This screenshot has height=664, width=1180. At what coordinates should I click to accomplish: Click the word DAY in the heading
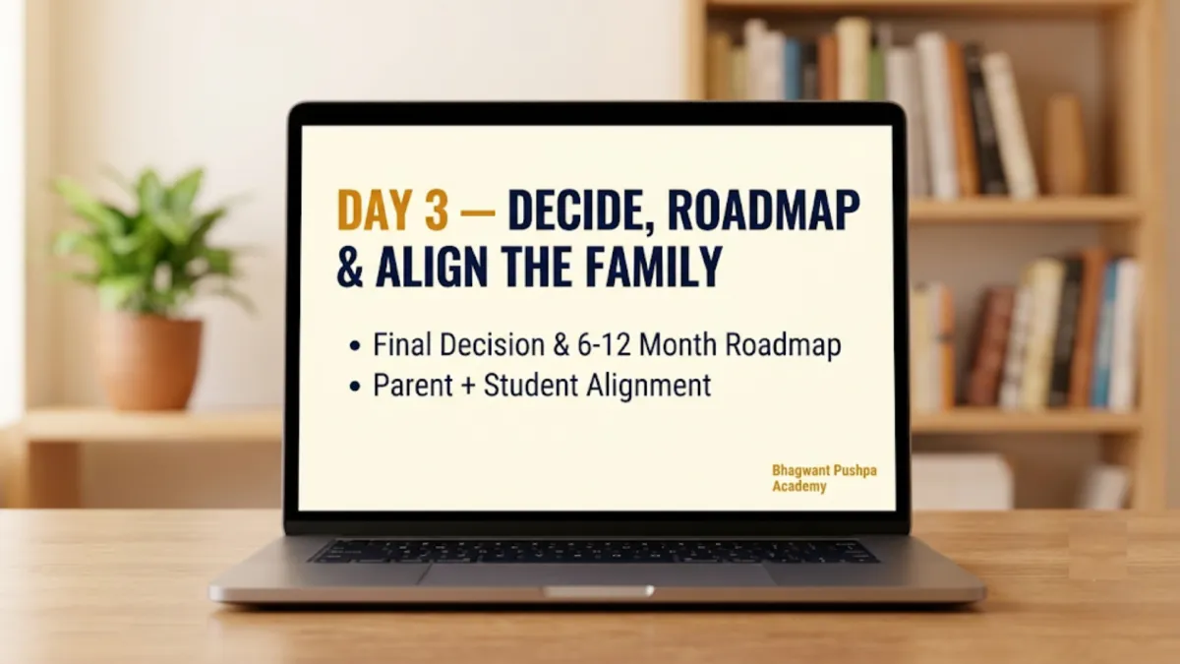(x=374, y=210)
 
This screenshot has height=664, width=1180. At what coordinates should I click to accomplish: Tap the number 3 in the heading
(x=437, y=210)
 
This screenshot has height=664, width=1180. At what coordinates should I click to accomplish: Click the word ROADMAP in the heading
(x=764, y=210)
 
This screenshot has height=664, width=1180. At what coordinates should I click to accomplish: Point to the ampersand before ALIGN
(x=350, y=267)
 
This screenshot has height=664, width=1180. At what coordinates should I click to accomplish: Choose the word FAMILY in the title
(x=654, y=267)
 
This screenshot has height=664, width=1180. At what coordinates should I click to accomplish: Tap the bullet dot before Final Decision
(x=355, y=346)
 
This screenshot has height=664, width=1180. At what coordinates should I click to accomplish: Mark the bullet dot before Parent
(x=355, y=387)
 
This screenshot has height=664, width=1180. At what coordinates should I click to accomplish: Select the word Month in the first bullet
(x=678, y=345)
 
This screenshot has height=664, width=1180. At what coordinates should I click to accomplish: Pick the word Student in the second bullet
(x=531, y=386)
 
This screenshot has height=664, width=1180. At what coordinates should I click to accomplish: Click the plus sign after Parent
(x=468, y=387)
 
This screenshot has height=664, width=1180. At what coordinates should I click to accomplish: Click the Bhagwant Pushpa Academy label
(x=824, y=478)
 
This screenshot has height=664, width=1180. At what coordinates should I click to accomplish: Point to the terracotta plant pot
(x=150, y=363)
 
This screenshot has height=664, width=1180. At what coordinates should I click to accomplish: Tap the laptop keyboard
(x=594, y=551)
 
